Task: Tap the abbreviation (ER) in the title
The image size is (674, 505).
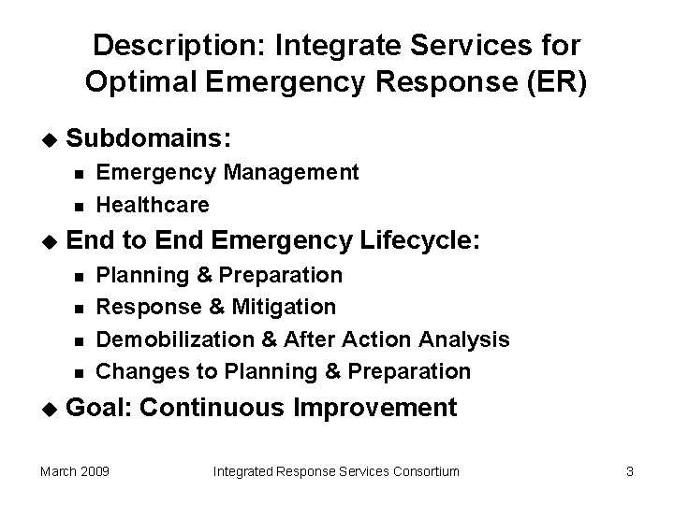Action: pos(555,82)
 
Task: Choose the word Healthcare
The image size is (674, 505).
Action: pos(153,204)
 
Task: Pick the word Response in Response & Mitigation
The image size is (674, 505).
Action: pos(145,307)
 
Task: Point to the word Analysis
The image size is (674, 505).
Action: pos(464,339)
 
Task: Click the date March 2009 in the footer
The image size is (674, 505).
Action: pos(75,471)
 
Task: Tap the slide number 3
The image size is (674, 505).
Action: pos(630,471)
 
